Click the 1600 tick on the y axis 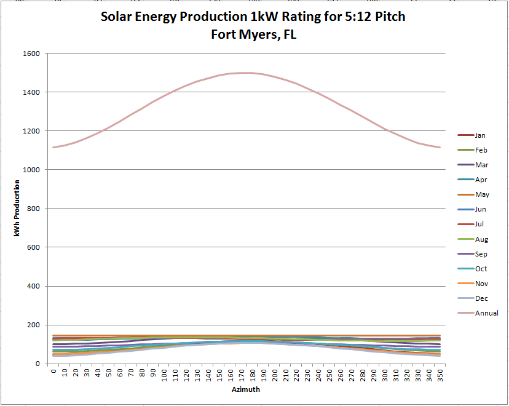click(x=31, y=54)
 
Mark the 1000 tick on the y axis click(x=31, y=170)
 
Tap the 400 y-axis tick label click(x=33, y=286)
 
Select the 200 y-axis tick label click(x=33, y=325)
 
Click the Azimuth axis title click(x=245, y=389)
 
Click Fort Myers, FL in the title click(x=253, y=35)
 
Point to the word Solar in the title click(x=118, y=17)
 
